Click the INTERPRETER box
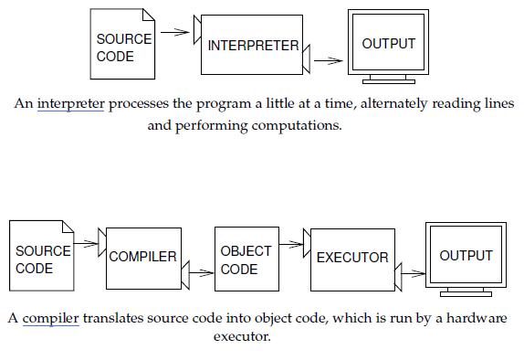coord(252,45)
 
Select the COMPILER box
coord(143,257)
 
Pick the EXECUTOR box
coord(352,258)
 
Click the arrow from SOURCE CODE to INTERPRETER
coord(177,32)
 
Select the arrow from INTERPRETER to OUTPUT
coord(328,61)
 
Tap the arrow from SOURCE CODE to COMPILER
coord(88,244)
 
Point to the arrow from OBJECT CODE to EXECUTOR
coord(291,244)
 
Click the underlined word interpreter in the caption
coord(71,103)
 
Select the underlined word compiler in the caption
coord(50,318)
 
